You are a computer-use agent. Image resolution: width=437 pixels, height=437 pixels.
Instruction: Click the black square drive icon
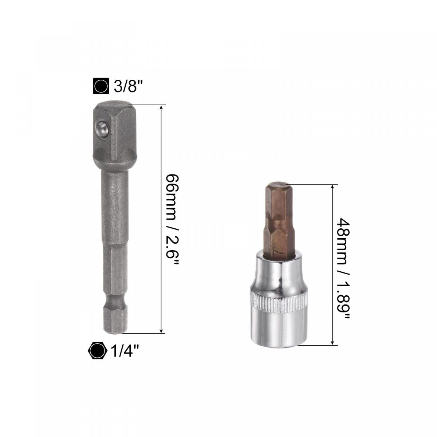pyautogui.click(x=101, y=86)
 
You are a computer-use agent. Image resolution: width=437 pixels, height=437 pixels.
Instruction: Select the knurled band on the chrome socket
pyautogui.click(x=279, y=303)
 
